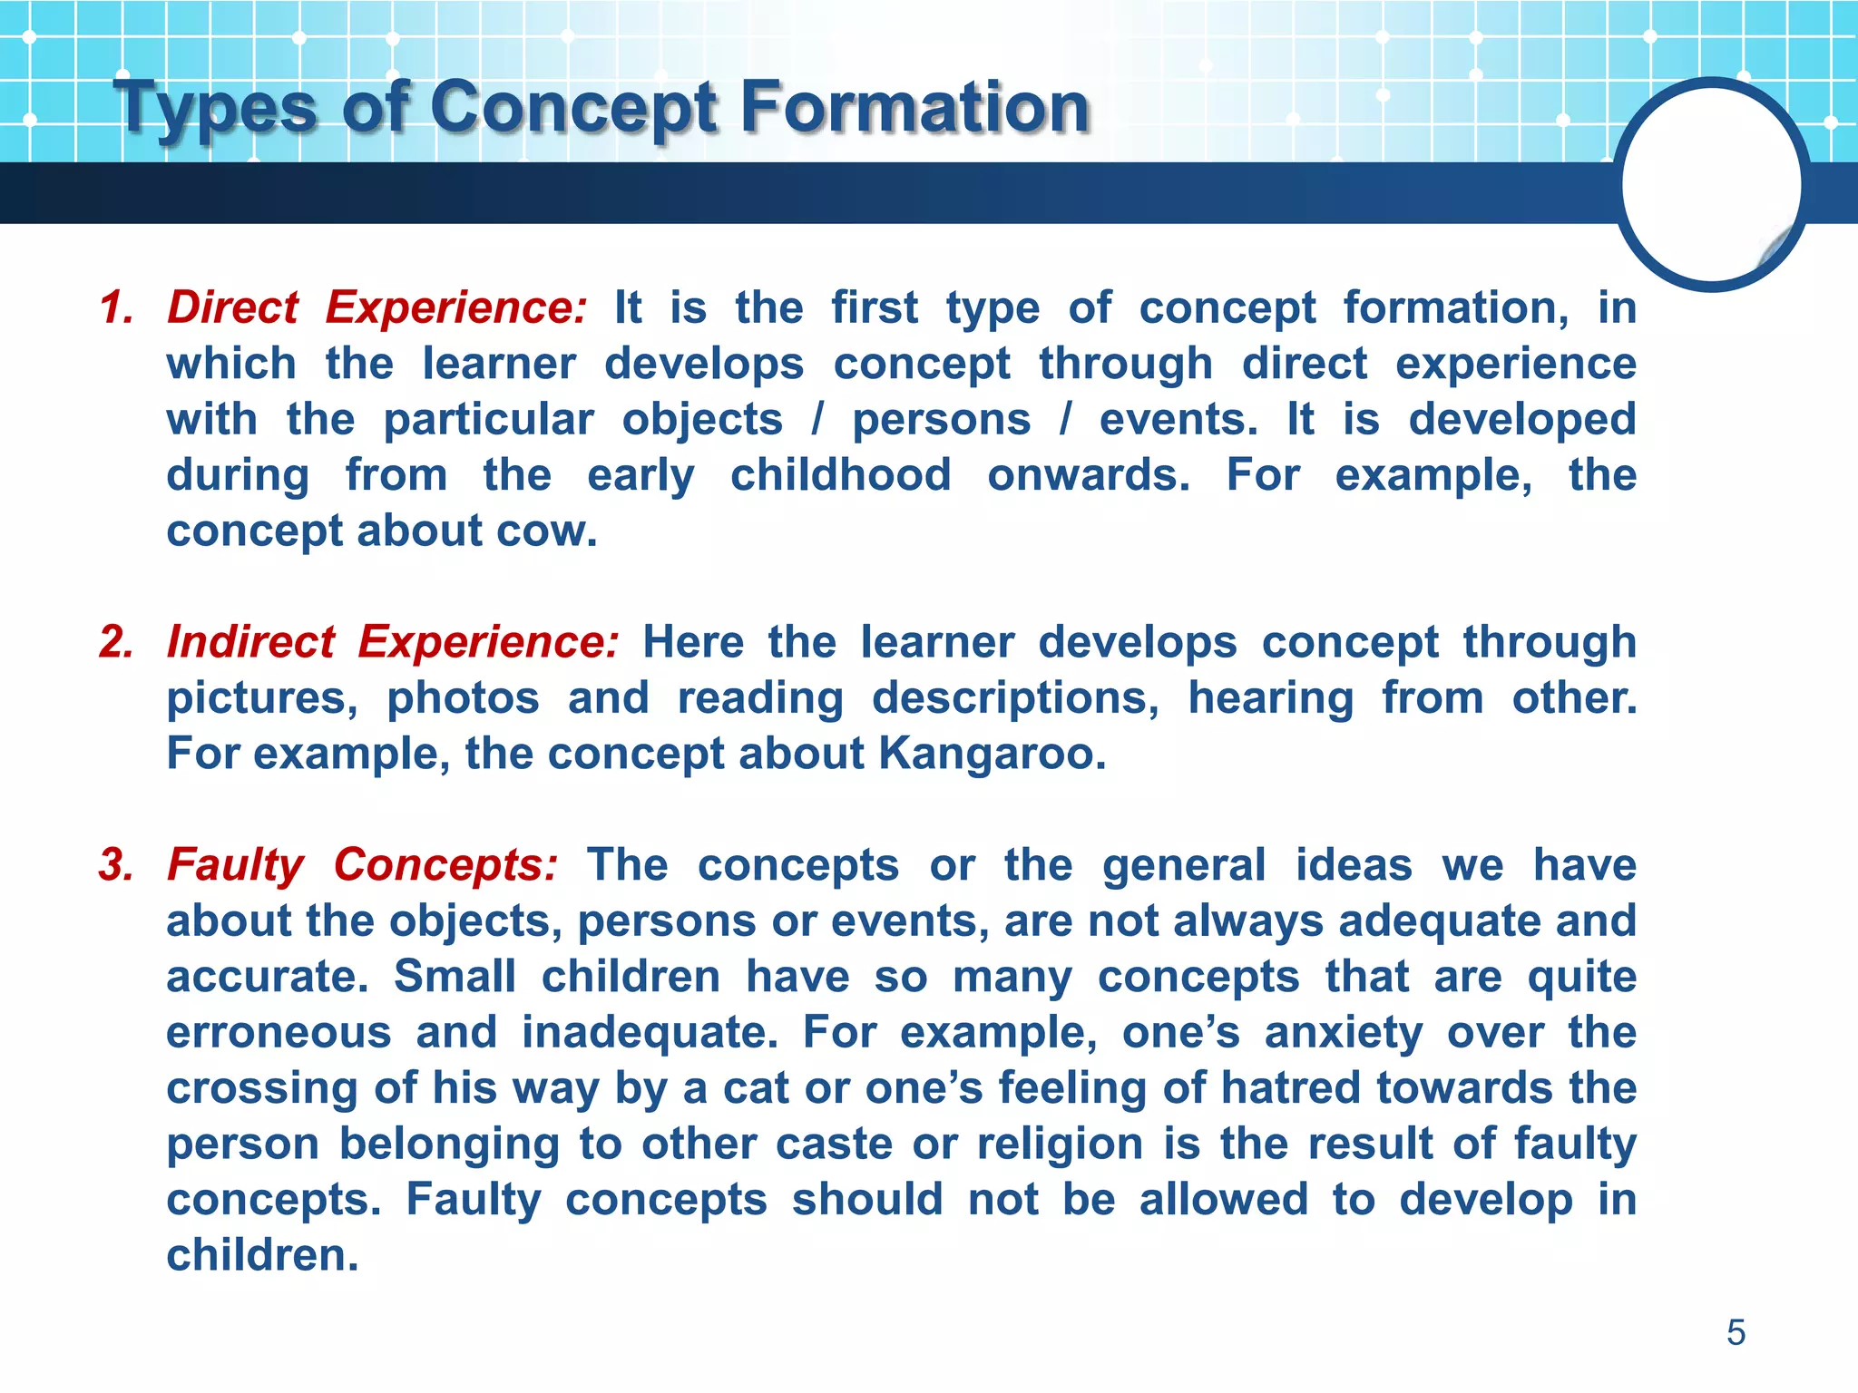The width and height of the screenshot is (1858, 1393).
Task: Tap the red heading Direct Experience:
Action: (x=377, y=307)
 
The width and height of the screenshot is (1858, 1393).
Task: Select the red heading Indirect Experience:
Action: (x=393, y=641)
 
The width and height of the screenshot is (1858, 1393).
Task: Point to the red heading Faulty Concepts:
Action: (x=362, y=864)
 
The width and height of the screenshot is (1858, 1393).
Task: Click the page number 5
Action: (x=1736, y=1332)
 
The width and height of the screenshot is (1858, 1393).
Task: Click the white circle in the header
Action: (x=1711, y=185)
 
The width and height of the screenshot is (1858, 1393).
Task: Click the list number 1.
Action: (x=116, y=307)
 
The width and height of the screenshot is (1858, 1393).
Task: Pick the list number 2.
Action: (x=116, y=641)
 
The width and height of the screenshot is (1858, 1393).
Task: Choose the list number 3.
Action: (x=116, y=864)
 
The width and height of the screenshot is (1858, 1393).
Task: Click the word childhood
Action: (x=840, y=474)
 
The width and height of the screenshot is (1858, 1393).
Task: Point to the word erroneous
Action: (x=279, y=1032)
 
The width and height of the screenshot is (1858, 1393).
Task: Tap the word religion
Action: (x=1059, y=1144)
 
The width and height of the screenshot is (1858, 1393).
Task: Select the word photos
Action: (x=463, y=698)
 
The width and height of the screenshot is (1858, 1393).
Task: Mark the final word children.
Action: (x=262, y=1255)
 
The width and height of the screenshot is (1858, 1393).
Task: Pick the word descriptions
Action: (x=1014, y=698)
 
